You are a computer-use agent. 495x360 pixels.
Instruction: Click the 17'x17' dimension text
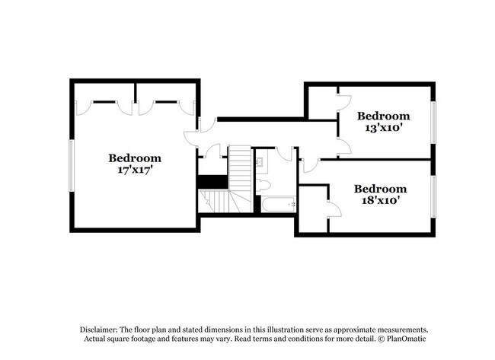point(135,170)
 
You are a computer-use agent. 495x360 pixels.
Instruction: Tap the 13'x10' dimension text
point(384,128)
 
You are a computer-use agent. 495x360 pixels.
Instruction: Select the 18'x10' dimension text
point(381,200)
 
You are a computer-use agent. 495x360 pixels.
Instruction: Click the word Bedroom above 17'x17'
point(135,158)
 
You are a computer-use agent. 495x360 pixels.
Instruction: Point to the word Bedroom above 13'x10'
point(384,116)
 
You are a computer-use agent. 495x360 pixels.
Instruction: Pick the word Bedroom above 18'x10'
point(381,189)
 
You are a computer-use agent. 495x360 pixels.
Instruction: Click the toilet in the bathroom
point(263,185)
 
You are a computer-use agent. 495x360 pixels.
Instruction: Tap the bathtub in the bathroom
point(279,205)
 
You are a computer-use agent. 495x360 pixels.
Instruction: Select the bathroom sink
point(260,162)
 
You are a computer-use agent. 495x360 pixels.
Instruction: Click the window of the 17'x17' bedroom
point(72,166)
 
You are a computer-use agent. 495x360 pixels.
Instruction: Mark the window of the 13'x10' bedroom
point(433,123)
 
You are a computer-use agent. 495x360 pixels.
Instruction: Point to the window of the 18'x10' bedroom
point(433,196)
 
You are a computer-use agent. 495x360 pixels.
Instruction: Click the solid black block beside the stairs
point(212,182)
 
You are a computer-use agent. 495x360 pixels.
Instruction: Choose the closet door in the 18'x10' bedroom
point(335,209)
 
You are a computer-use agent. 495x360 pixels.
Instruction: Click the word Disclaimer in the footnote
point(99,330)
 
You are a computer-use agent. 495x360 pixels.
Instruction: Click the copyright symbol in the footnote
point(382,339)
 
